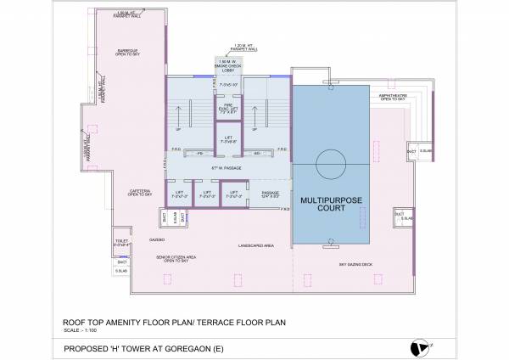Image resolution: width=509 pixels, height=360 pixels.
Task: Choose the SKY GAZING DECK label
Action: pyautogui.click(x=356, y=265)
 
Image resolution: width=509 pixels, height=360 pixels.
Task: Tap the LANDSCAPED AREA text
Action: pyautogui.click(x=255, y=245)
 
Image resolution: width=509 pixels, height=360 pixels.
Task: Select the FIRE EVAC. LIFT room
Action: pyautogui.click(x=228, y=110)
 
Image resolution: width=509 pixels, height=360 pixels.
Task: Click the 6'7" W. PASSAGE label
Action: pyautogui.click(x=228, y=168)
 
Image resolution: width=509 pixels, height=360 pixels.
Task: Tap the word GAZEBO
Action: pyautogui.click(x=156, y=240)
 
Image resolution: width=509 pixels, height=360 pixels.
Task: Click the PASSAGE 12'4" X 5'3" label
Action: pyautogui.click(x=271, y=196)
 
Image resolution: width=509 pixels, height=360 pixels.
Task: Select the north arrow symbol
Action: pyautogui.click(x=417, y=346)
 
